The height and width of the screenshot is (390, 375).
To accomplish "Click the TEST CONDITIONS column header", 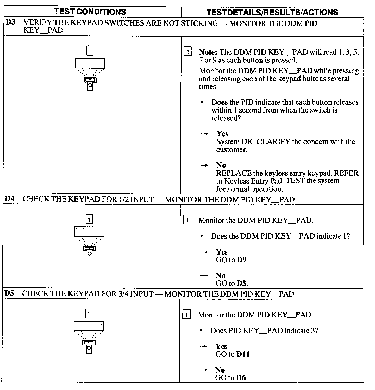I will [x=90, y=12].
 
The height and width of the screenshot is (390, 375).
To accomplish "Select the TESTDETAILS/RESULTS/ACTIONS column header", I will [x=272, y=12].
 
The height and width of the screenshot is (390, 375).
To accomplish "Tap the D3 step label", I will [x=11, y=22].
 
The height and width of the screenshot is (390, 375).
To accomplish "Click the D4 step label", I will [x=10, y=199].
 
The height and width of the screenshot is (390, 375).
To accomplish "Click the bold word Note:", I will [x=208, y=52].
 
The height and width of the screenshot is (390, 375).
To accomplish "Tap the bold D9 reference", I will [x=242, y=260].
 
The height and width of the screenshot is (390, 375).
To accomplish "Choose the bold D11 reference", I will [x=243, y=354].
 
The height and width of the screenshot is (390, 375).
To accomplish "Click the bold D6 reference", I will [x=241, y=378].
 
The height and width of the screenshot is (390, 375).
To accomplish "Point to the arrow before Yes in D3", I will [x=205, y=134].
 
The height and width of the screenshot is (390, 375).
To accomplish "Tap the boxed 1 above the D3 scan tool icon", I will [x=90, y=51].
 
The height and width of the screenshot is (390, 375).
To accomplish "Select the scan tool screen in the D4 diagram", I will [x=89, y=232].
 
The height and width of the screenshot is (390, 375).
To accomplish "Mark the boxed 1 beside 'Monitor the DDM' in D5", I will [x=186, y=315].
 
